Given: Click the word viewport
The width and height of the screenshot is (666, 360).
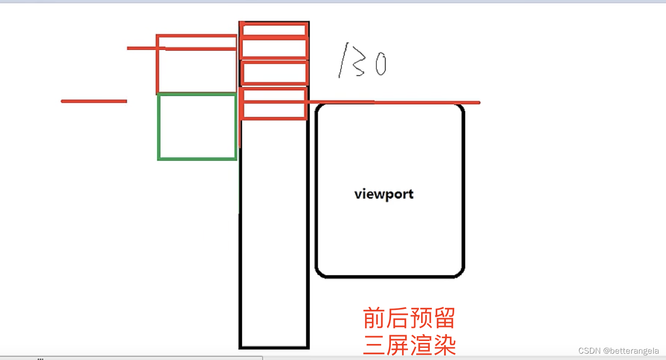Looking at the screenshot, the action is click(x=384, y=194).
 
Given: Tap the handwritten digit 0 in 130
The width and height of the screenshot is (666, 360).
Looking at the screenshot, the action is click(x=380, y=65).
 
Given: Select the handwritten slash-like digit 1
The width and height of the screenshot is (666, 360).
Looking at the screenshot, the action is click(x=343, y=60).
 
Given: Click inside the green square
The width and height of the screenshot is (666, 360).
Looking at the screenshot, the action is click(x=197, y=126).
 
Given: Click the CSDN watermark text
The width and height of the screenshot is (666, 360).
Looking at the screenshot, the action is click(x=590, y=351).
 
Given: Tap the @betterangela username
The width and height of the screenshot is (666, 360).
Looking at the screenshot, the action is click(x=631, y=351).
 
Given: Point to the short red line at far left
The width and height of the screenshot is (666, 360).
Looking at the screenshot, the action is click(x=93, y=101).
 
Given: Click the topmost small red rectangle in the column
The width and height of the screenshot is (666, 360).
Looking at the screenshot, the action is click(x=274, y=30).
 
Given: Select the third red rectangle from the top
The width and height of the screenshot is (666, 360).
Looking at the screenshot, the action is click(x=274, y=73).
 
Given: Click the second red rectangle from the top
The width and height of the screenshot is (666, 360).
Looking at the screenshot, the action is click(x=274, y=48).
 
